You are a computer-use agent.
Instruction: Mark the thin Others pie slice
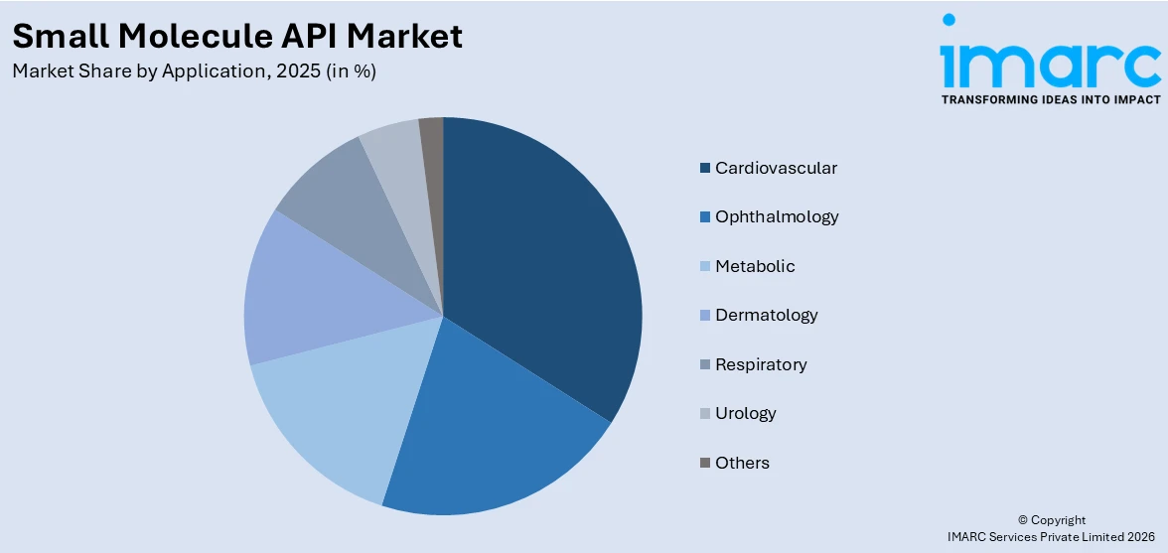pyautogui.click(x=432, y=139)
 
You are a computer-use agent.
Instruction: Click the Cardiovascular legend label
pyautogui.click(x=776, y=168)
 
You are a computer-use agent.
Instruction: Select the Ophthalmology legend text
pyautogui.click(x=777, y=216)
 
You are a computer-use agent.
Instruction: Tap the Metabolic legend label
pyautogui.click(x=755, y=266)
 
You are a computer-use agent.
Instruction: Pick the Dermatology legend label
pyautogui.click(x=766, y=315)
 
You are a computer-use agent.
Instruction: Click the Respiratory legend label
pyautogui.click(x=761, y=364)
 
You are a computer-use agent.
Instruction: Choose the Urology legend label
pyautogui.click(x=745, y=413)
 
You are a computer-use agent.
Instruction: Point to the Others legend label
pyautogui.click(x=742, y=463)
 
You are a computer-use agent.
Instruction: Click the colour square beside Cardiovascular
pyautogui.click(x=705, y=168)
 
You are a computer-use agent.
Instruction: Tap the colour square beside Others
pyautogui.click(x=705, y=463)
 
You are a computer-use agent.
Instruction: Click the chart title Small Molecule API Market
pyautogui.click(x=237, y=37)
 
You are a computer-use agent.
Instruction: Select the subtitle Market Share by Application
pyautogui.click(x=194, y=71)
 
